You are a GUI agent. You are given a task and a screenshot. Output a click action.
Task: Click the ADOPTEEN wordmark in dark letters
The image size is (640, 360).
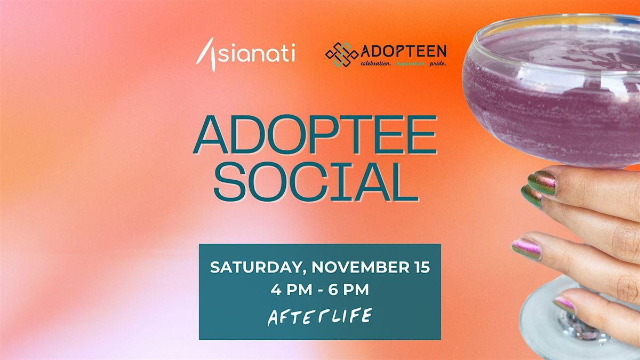coord(404,52)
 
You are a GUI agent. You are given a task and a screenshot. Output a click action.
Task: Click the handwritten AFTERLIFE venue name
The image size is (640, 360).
coord(319,316)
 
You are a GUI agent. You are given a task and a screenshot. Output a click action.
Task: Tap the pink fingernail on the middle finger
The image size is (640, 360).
coord(526,248)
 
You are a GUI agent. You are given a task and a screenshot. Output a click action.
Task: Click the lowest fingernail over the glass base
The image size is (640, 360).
coord(565,305)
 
